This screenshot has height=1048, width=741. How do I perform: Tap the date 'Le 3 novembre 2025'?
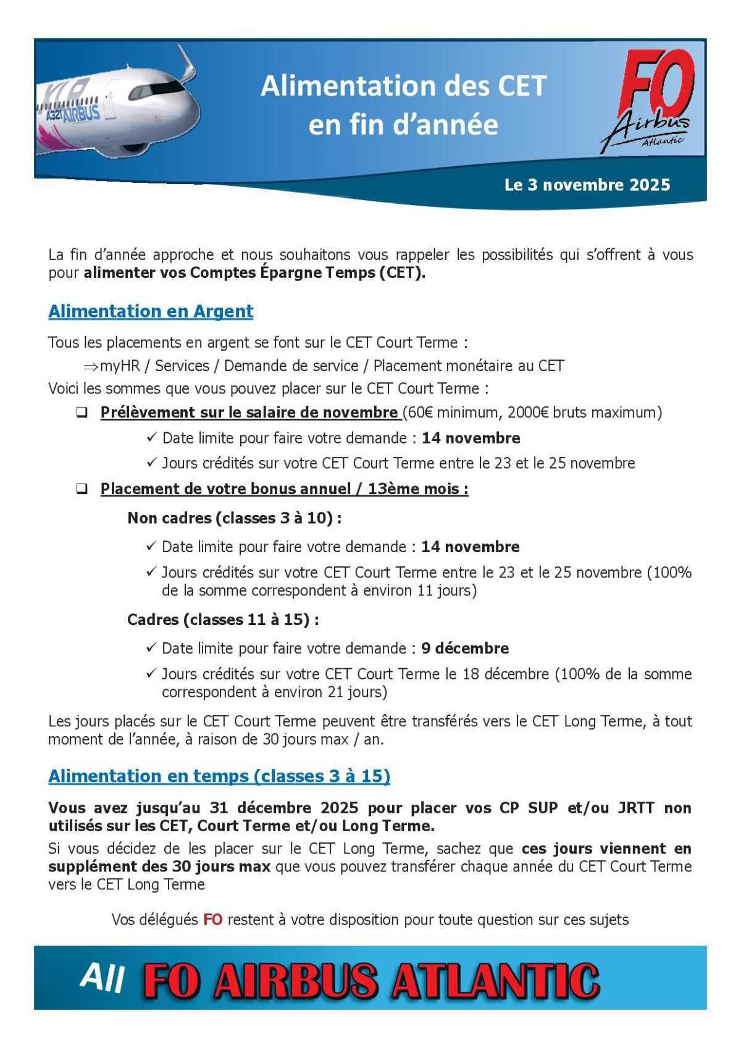[587, 185]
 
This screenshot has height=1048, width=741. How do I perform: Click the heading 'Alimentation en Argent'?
[151, 311]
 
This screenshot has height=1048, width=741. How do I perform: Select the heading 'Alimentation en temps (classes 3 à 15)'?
[219, 776]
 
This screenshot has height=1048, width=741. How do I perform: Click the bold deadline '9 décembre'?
[465, 648]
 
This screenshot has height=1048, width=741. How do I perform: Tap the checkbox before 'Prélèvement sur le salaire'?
[82, 413]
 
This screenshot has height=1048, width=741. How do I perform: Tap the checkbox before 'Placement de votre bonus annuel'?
[82, 489]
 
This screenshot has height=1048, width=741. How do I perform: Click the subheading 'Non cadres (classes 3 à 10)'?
[234, 518]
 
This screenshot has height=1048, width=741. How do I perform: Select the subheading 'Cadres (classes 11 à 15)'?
[223, 619]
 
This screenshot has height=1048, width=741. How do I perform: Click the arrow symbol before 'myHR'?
[91, 366]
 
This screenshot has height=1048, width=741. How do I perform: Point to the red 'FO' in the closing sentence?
[212, 920]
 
